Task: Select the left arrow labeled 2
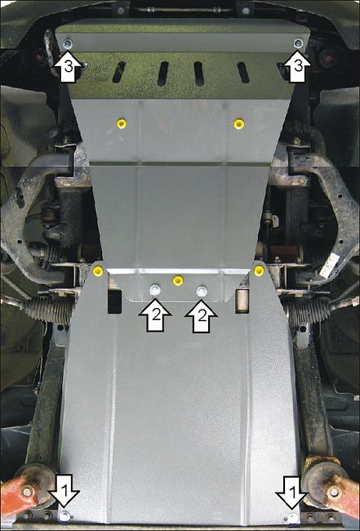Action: (155, 315)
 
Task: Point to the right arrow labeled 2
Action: (202, 315)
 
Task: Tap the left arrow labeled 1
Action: (64, 491)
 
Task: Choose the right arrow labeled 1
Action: (292, 493)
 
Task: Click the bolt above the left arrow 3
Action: (68, 43)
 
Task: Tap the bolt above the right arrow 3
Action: (298, 43)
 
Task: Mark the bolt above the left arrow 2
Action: (154, 290)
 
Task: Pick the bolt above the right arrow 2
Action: (202, 291)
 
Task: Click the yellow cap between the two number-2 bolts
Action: (178, 280)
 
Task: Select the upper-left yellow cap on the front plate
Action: (122, 123)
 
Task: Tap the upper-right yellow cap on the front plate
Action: (239, 124)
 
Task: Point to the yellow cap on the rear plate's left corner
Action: (98, 270)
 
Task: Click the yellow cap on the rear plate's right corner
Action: (259, 270)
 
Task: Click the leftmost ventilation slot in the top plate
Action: (119, 72)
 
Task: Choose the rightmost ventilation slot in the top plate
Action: (243, 73)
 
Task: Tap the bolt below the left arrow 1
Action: (64, 516)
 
